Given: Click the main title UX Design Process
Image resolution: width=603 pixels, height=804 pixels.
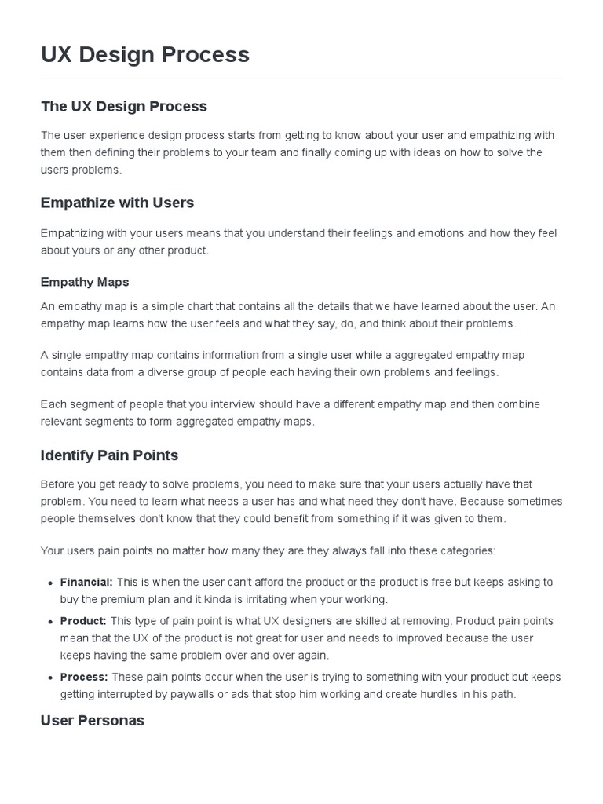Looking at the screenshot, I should point(145,54).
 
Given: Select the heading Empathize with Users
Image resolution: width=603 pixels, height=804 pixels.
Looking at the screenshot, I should point(117,203).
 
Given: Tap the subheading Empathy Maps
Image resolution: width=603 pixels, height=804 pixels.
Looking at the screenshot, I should point(85,282).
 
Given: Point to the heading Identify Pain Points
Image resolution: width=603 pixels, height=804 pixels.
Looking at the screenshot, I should point(109,455).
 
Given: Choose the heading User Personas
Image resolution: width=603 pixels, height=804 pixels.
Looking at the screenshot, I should point(92,720).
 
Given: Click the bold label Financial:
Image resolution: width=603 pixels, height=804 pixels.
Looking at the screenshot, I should point(86,582).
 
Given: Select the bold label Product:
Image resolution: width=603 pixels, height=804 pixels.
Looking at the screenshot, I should point(83,621).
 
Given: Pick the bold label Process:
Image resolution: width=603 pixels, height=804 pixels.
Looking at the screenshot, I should point(84,677).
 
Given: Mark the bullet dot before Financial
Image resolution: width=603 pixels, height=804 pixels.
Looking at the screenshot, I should point(50,583).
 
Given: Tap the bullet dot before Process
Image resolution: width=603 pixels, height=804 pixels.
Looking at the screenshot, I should point(50,678).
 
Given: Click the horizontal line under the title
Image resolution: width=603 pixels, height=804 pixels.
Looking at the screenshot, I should point(301,79).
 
